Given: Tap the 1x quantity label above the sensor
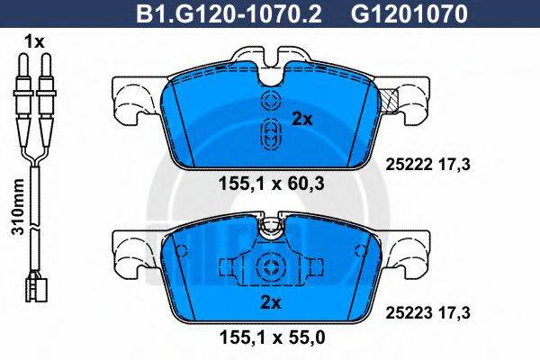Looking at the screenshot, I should pyautogui.click(x=34, y=41).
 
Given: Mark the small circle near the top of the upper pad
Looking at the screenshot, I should pyautogui.click(x=269, y=99).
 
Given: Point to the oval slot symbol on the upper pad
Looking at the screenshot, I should pyautogui.click(x=269, y=134).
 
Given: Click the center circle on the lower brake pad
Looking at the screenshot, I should pyautogui.click(x=269, y=266).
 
